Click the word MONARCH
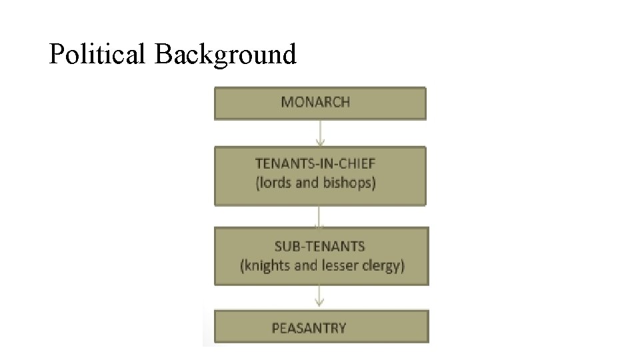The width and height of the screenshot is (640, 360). [315, 102]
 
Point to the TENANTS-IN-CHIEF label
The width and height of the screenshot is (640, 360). [315, 163]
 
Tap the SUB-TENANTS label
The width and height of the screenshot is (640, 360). [320, 247]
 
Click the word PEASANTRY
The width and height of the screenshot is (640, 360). [309, 328]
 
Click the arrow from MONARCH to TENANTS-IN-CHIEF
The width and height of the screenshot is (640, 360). [320, 133]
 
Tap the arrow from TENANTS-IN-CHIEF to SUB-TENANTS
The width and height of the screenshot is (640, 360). [320, 217]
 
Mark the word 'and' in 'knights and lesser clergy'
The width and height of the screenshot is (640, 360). [305, 265]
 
